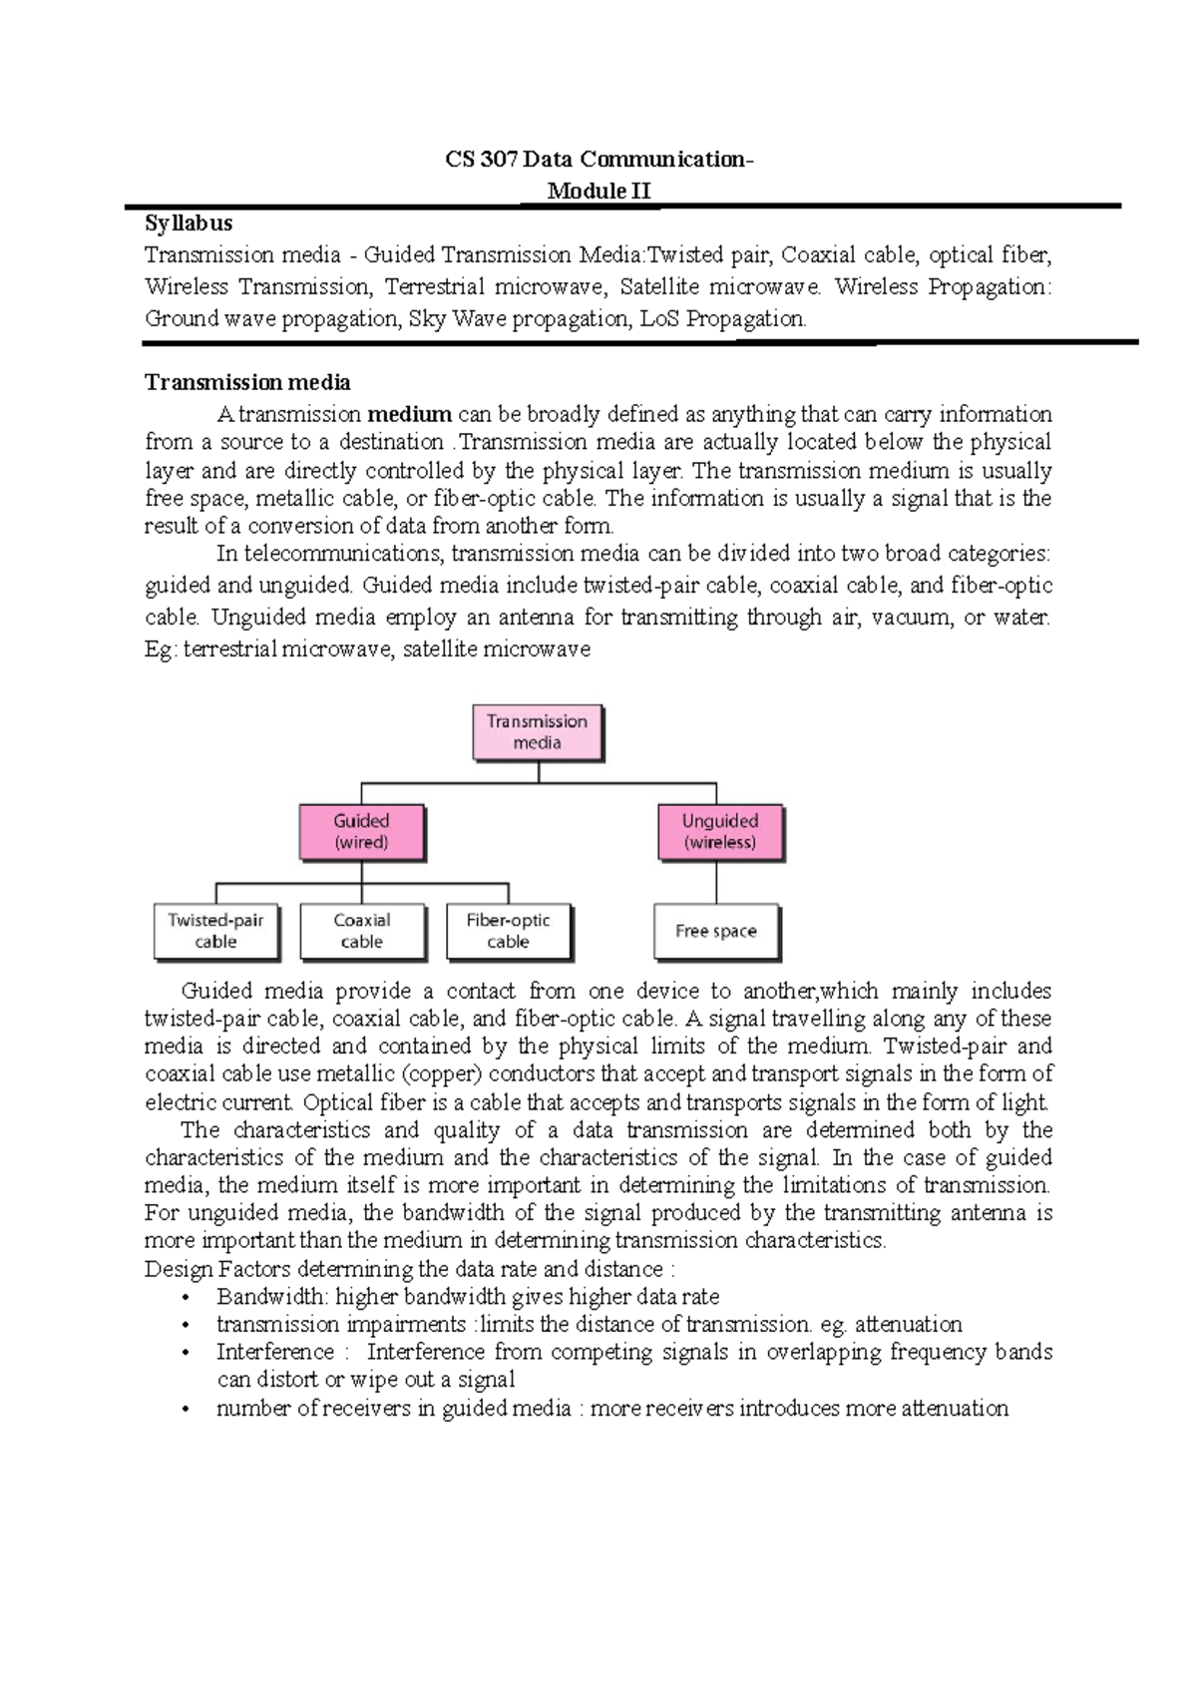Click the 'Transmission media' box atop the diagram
[537, 732]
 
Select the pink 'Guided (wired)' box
[361, 832]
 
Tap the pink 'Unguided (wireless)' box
[720, 832]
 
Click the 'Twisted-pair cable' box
[215, 931]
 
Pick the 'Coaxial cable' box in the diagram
[362, 931]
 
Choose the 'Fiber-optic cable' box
[508, 931]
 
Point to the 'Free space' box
[715, 931]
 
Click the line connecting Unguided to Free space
[716, 882]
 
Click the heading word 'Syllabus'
[189, 222]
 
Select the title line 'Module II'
[598, 191]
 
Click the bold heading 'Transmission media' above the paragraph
[247, 382]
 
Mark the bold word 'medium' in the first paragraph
[409, 414]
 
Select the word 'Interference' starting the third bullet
[275, 1352]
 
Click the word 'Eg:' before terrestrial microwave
[161, 649]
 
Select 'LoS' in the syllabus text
[659, 319]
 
